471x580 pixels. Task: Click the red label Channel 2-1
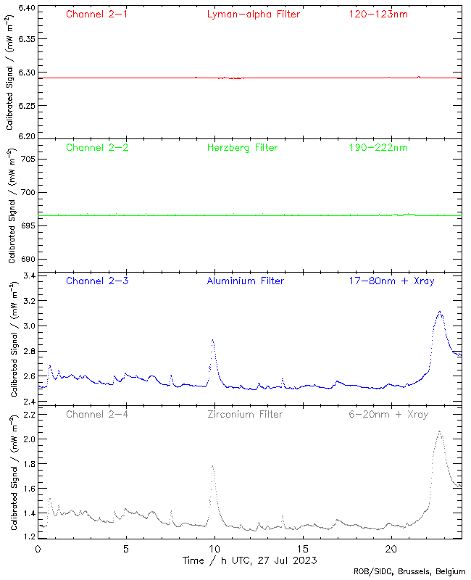pos(97,14)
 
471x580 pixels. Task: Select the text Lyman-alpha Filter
pos(253,14)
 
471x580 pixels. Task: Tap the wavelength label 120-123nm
pos(378,14)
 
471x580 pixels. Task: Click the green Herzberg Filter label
pos(243,147)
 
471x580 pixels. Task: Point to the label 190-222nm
pos(378,147)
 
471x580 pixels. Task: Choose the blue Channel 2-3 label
pos(97,281)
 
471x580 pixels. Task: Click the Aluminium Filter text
pos(246,281)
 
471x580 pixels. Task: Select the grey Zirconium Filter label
pos(244,414)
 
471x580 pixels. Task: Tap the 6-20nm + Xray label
pos(388,414)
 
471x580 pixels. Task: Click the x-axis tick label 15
pos(303,549)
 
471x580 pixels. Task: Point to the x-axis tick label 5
pos(126,549)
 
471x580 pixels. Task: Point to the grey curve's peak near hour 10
pos(212,466)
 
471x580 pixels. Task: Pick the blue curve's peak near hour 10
pos(212,339)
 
